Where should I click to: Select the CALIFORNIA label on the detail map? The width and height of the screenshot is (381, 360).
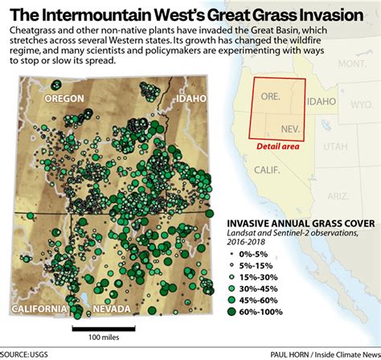click(x=39, y=309)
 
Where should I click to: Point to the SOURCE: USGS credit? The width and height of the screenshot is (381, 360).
click(x=25, y=354)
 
